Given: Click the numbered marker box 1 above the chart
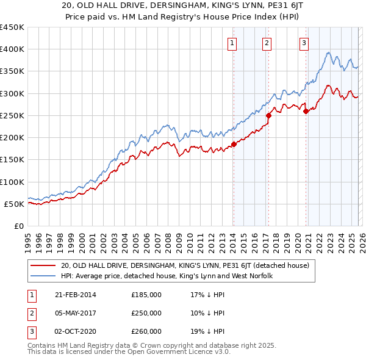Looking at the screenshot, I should (x=233, y=43).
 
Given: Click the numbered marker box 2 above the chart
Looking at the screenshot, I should (x=267, y=43).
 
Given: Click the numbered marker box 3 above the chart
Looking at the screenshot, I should (x=304, y=43).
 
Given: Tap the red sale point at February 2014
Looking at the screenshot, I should (x=234, y=145).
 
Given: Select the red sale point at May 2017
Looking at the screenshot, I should (x=268, y=113).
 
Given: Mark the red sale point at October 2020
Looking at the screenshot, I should (x=306, y=110).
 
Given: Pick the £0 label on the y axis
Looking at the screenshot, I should (x=18, y=226).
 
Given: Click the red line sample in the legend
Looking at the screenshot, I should (x=43, y=265).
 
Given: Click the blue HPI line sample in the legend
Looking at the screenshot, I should (x=43, y=276).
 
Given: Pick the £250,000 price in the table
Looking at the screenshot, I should (x=146, y=313).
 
